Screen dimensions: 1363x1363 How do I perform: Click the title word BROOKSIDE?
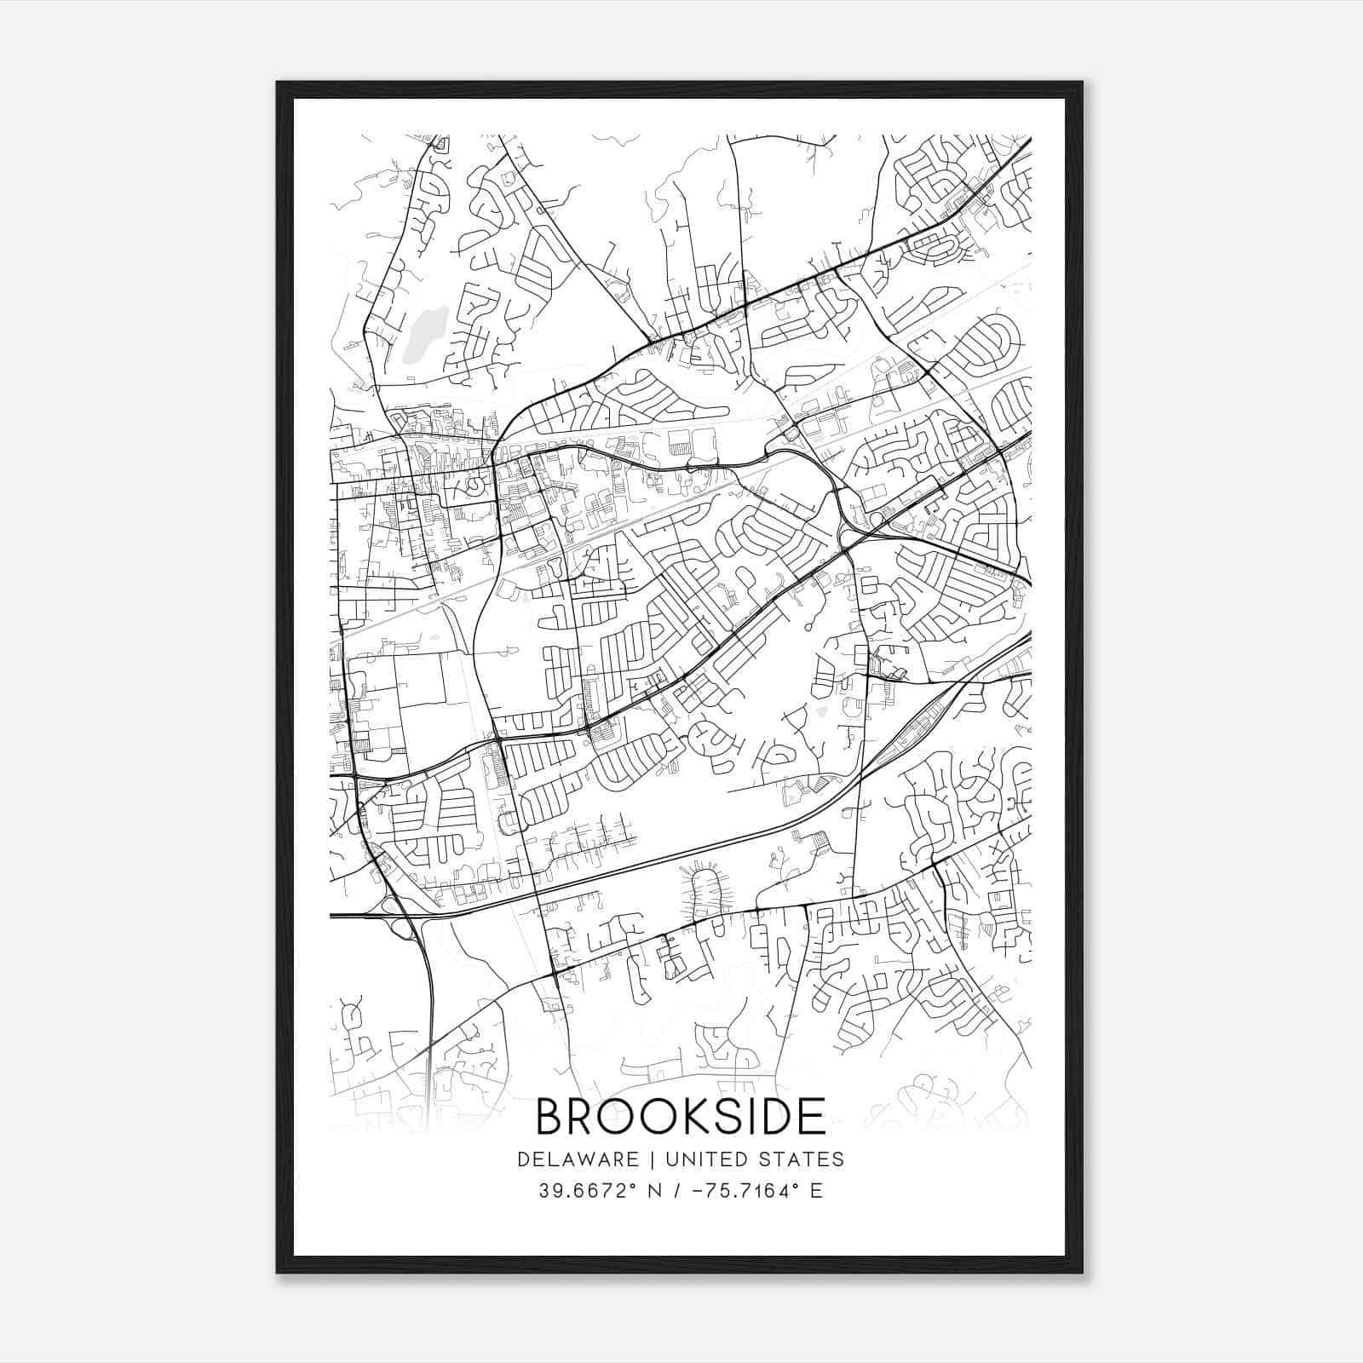(681, 1117)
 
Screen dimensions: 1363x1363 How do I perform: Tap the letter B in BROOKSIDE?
(551, 1117)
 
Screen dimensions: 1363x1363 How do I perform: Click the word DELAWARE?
(577, 1159)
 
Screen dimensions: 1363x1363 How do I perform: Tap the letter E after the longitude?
(816, 1191)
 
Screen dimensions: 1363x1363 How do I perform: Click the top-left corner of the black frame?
(279, 83)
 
